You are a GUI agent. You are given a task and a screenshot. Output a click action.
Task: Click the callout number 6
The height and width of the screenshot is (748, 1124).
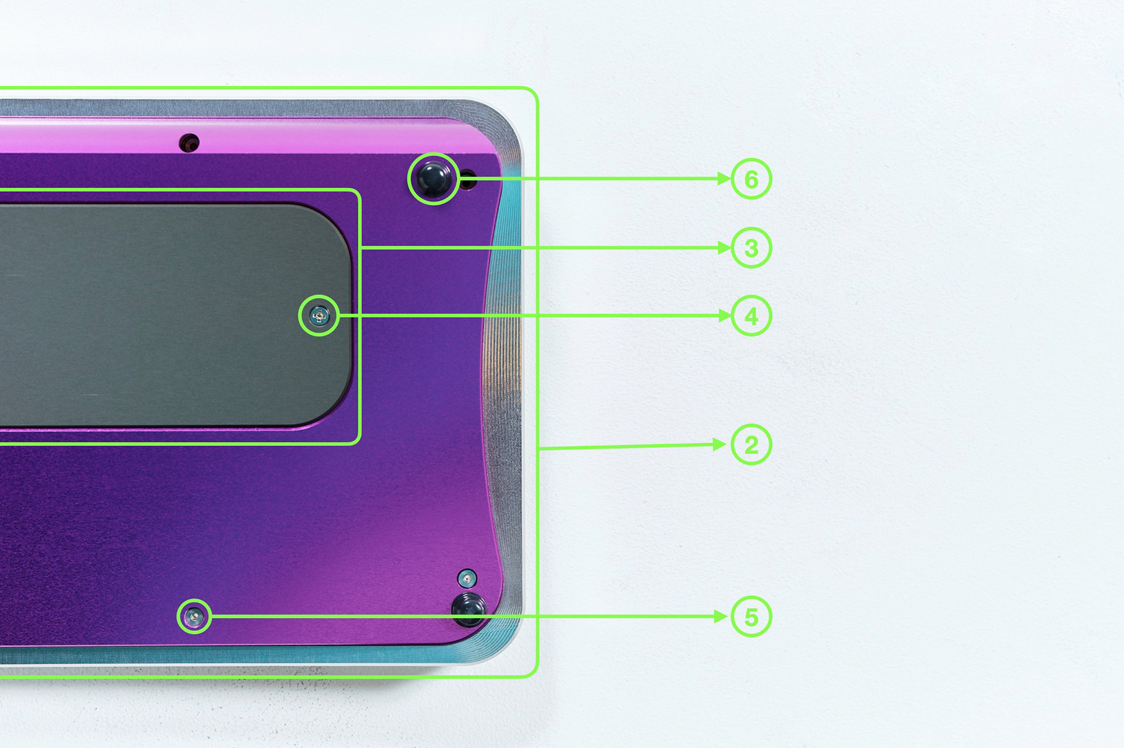tap(752, 179)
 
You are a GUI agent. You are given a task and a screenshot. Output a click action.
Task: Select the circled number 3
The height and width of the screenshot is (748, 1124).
tap(752, 248)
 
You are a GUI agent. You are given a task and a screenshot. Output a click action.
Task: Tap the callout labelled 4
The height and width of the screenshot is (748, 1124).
tap(752, 316)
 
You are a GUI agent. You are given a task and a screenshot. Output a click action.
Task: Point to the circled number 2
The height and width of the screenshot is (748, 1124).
tap(752, 445)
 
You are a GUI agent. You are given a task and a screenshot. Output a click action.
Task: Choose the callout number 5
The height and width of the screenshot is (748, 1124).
tap(752, 617)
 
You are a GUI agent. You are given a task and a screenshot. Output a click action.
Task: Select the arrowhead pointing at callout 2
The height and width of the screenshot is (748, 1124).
tap(720, 445)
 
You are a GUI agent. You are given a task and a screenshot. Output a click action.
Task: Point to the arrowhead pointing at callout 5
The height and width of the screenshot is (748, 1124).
tap(721, 616)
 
